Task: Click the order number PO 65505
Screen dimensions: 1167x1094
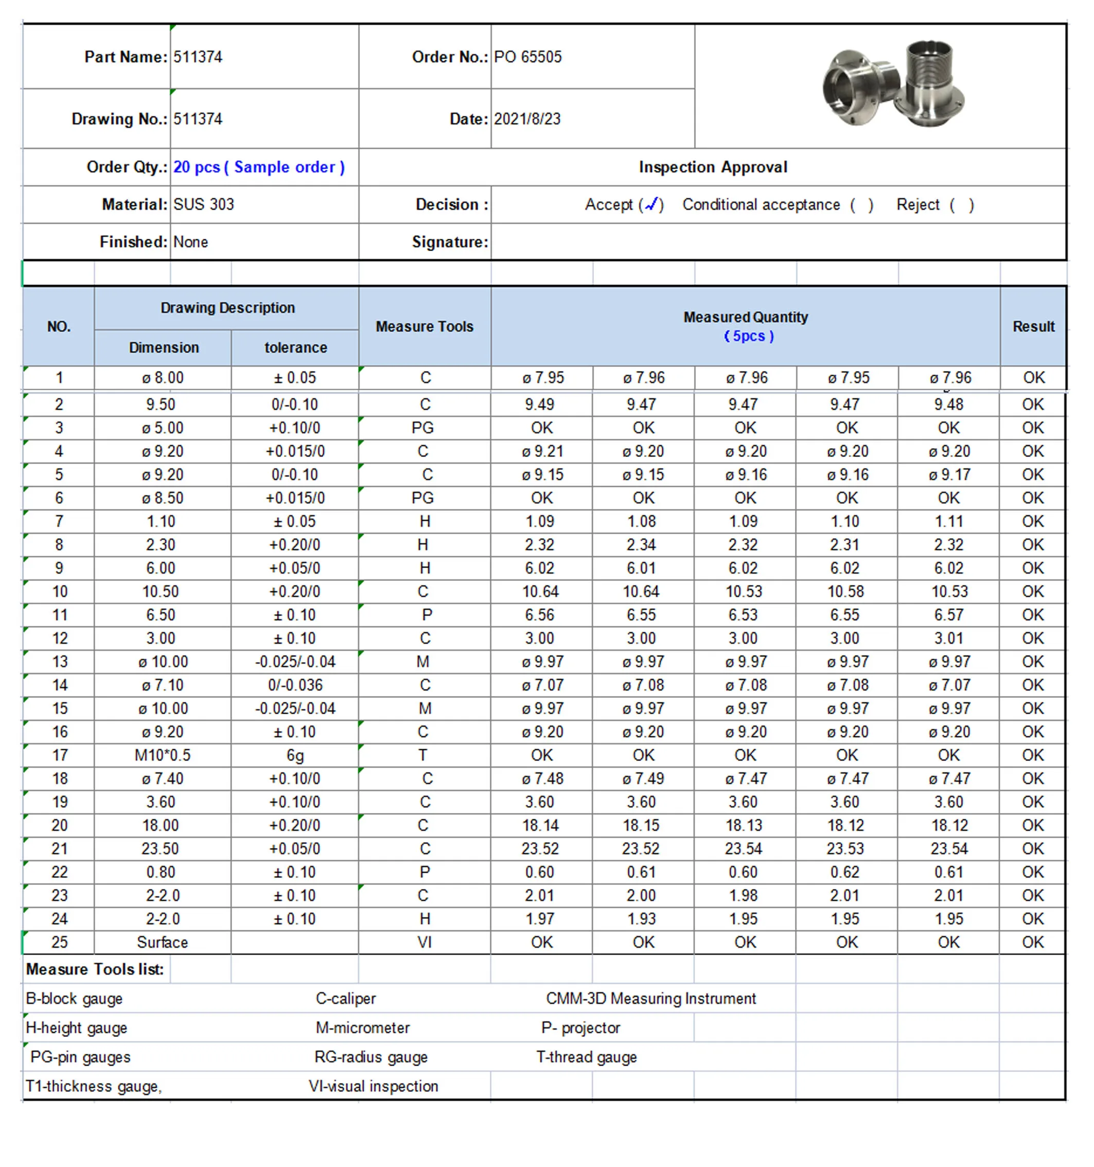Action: tap(527, 57)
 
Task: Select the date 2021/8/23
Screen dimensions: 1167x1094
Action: tap(527, 119)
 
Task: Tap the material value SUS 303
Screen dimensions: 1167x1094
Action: tap(204, 204)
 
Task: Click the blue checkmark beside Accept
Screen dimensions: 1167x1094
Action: tap(651, 204)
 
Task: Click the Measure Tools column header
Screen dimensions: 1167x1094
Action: tap(425, 326)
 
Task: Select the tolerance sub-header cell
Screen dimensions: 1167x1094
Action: tap(295, 347)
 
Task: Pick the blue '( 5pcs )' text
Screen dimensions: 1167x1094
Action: tap(748, 337)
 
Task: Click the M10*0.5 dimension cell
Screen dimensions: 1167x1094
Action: tap(163, 755)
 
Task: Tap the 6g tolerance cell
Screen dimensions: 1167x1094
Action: tap(295, 755)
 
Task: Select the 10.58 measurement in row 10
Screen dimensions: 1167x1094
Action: tap(846, 592)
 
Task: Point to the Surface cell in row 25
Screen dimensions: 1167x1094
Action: tap(163, 942)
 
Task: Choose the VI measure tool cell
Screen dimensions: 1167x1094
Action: tap(425, 942)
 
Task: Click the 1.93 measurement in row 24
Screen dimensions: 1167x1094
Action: tap(642, 918)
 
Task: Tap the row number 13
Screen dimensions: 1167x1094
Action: tap(60, 662)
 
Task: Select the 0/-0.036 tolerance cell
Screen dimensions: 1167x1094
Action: tap(295, 685)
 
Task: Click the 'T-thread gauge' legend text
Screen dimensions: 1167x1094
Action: tap(586, 1057)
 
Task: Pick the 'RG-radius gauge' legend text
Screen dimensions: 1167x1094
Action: tap(371, 1057)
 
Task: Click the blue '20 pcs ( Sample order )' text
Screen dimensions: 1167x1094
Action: tap(259, 167)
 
